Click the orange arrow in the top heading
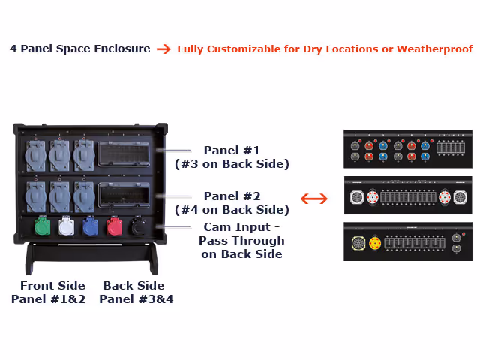[163, 49]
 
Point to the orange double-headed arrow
[314, 199]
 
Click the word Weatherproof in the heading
[434, 49]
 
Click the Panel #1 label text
[231, 150]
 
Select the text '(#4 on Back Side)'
[232, 209]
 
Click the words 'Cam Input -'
[241, 227]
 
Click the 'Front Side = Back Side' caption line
[92, 285]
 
